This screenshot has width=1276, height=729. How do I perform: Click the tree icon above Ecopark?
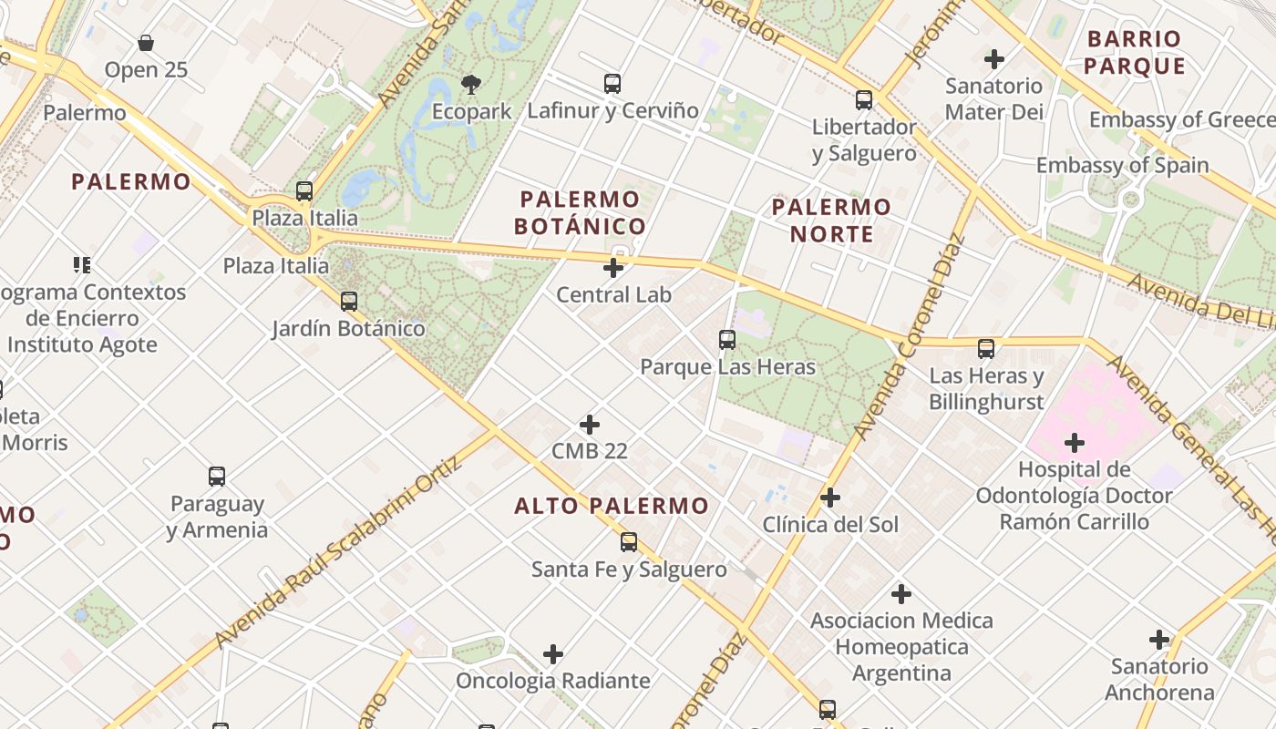click(x=471, y=85)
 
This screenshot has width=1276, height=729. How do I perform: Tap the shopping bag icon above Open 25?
click(x=146, y=43)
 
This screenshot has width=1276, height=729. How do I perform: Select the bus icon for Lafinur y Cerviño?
click(x=612, y=85)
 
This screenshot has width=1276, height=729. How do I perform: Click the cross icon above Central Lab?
click(x=613, y=268)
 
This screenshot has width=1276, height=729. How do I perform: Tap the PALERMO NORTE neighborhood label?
click(x=831, y=221)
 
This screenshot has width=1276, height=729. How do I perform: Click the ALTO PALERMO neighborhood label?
click(x=612, y=506)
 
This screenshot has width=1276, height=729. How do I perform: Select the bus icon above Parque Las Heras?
click(x=727, y=340)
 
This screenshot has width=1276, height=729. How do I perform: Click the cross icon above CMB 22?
click(x=590, y=425)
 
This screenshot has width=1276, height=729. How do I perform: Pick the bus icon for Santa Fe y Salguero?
click(x=629, y=542)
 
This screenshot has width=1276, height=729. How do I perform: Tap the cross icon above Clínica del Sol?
click(x=830, y=498)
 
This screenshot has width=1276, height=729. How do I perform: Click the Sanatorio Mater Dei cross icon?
click(x=994, y=59)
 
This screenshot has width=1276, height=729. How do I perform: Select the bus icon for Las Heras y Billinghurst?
click(x=986, y=349)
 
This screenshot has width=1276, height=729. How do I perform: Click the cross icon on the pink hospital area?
click(x=1075, y=444)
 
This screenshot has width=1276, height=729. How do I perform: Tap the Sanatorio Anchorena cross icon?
click(x=1159, y=640)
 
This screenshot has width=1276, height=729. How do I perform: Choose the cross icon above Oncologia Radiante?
click(x=553, y=654)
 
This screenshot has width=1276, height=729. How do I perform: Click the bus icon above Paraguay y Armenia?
click(x=217, y=477)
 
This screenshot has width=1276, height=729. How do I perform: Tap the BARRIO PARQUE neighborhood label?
click(x=1135, y=52)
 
